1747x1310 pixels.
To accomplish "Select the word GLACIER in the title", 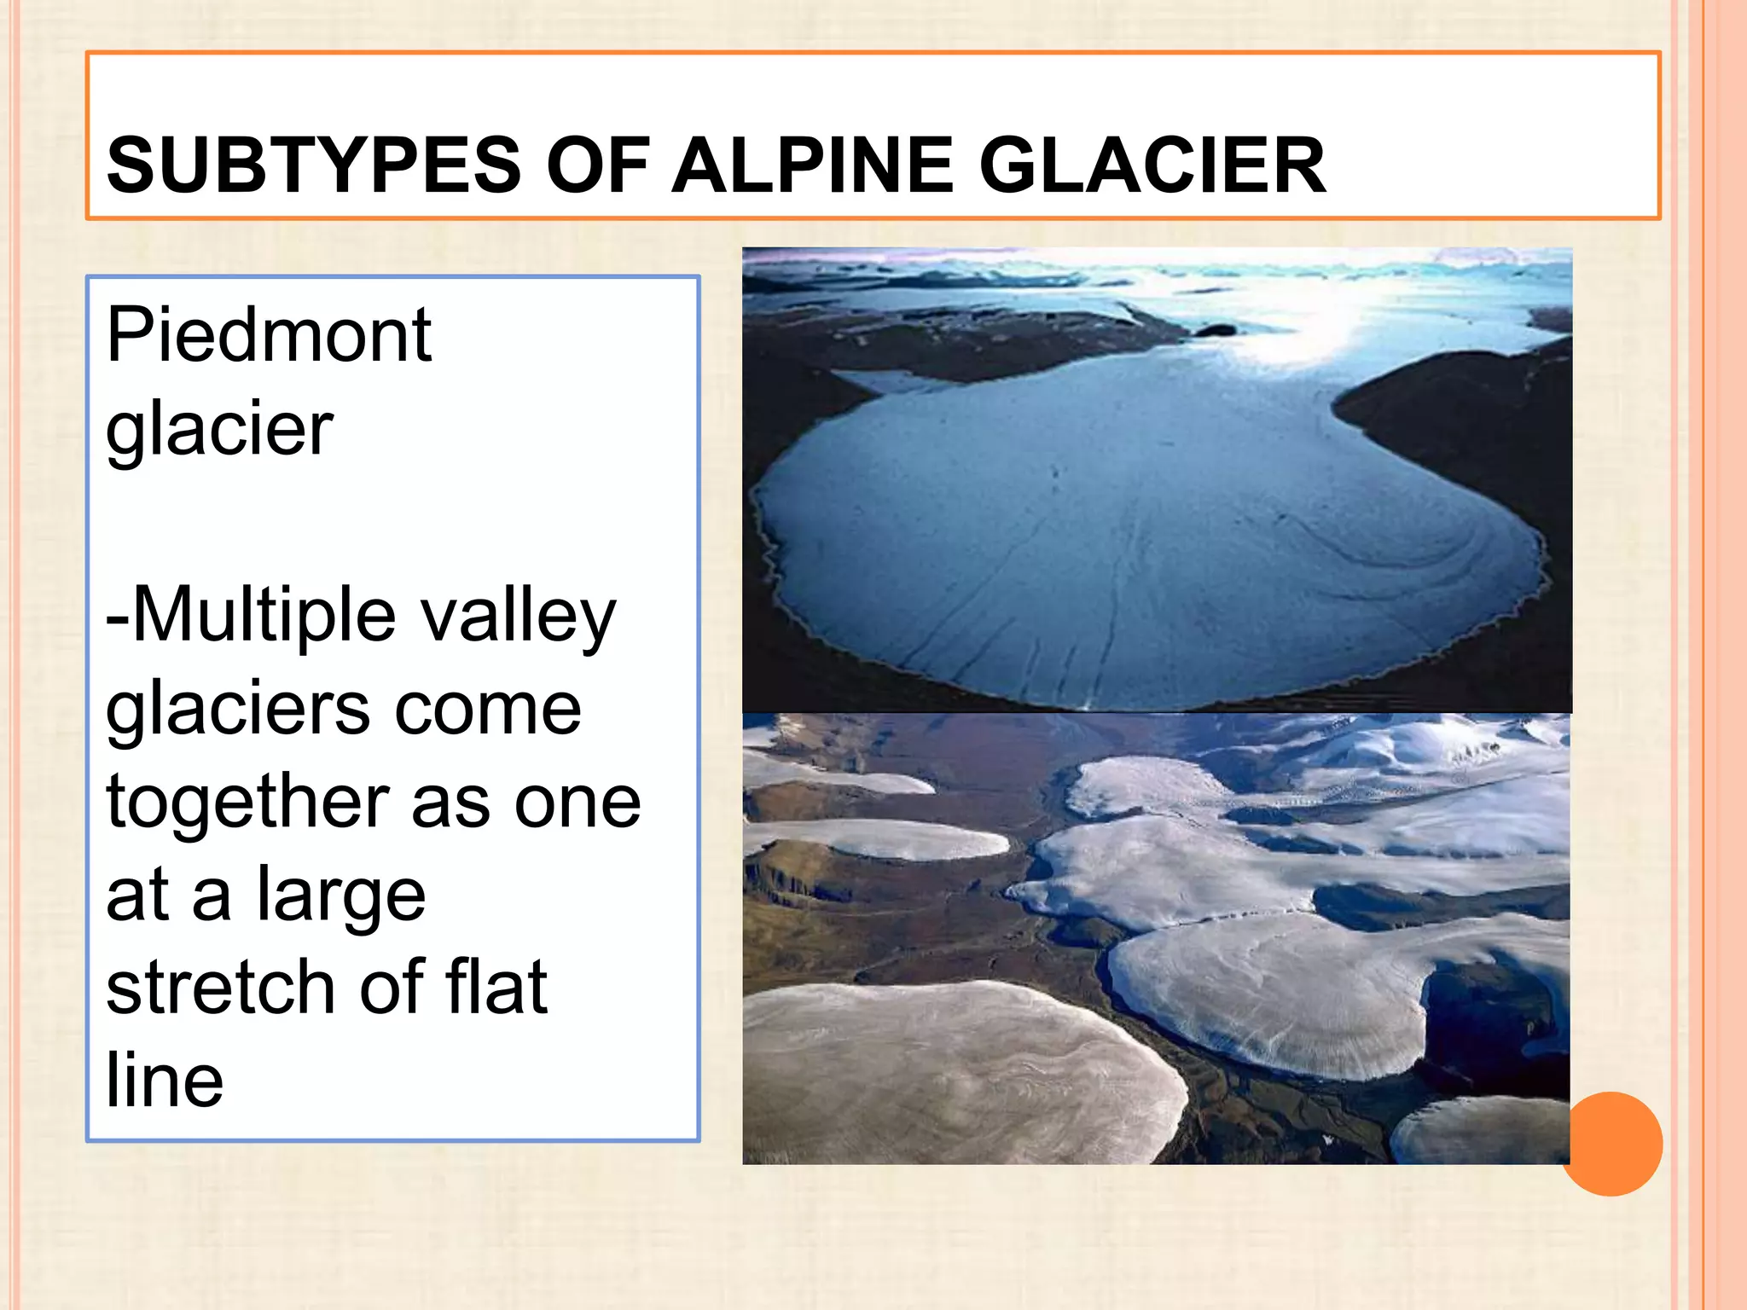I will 1151,165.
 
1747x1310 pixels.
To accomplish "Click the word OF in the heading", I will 597,165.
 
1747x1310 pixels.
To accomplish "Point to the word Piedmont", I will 269,335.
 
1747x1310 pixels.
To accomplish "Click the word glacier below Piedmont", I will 219,429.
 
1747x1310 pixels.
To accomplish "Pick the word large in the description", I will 341,897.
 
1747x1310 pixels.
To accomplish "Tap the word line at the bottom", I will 165,1081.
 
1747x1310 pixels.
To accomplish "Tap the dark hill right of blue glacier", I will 1467,426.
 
